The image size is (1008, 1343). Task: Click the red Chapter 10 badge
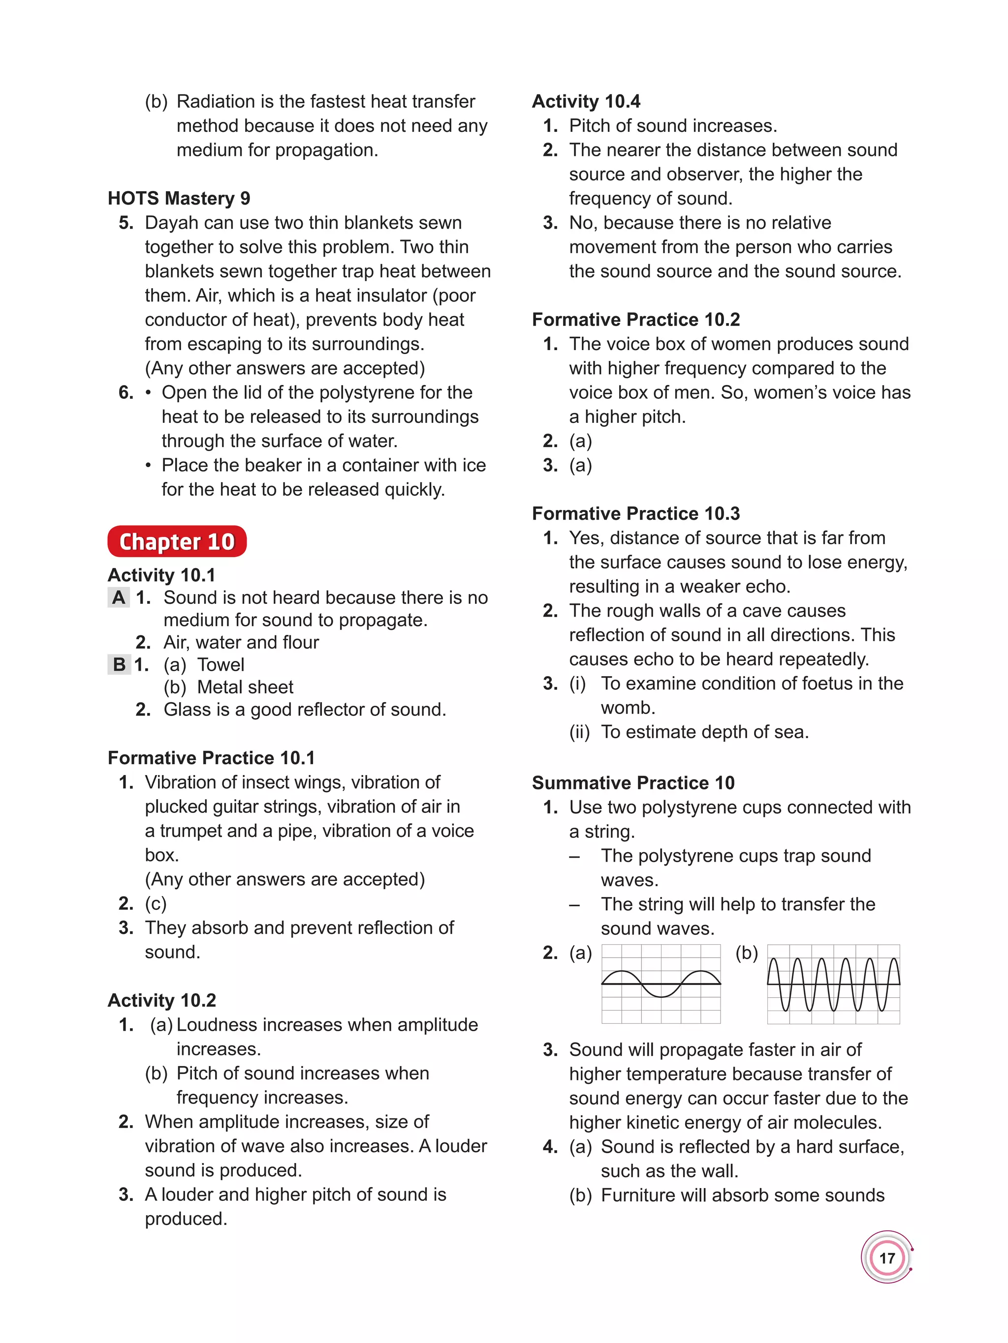(x=177, y=541)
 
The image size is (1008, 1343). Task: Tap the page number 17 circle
(x=886, y=1257)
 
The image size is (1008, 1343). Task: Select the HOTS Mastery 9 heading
(x=179, y=199)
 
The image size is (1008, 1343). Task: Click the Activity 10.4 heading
(x=586, y=101)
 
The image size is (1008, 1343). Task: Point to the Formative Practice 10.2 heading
(x=635, y=320)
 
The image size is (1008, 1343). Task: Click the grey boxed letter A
(x=119, y=597)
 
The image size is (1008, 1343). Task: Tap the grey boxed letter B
(x=119, y=664)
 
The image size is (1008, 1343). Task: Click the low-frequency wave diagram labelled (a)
(x=661, y=984)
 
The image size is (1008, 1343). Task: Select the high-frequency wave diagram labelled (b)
(x=833, y=984)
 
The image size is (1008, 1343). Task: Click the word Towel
(x=220, y=665)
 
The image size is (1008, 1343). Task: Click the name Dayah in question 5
(x=171, y=223)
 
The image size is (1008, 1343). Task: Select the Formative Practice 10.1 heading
(x=211, y=758)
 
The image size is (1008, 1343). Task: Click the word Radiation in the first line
(x=216, y=101)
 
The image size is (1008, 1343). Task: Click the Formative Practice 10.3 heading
(x=635, y=513)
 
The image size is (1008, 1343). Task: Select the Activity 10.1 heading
(x=161, y=575)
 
